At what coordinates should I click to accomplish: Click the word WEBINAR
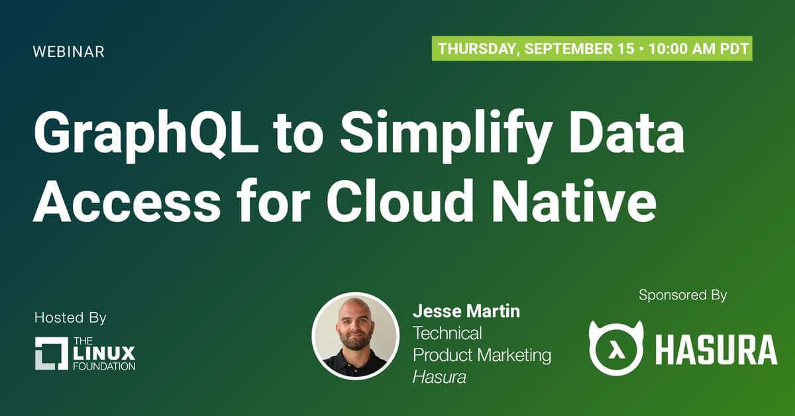pos(68,52)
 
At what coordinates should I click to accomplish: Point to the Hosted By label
pos(70,318)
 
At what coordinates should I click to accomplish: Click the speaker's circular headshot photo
pos(355,336)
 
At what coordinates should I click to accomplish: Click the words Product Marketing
pos(482,355)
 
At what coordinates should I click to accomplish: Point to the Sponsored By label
pos(683,295)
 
